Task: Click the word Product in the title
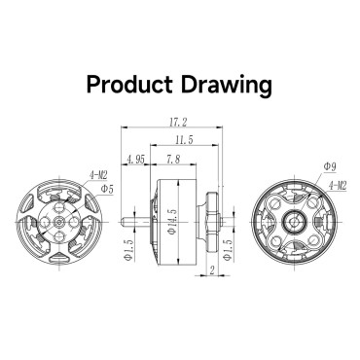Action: pos(129,85)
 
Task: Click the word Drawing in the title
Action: pos(226,86)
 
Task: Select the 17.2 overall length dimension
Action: pos(178,123)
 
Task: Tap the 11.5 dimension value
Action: pos(184,140)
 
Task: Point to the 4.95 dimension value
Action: pos(136,160)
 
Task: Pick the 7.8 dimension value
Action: pos(173,160)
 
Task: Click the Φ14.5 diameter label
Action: pos(173,222)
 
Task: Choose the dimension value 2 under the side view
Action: pos(212,270)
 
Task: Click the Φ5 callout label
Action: pos(107,190)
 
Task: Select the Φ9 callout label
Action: pos(330,167)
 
